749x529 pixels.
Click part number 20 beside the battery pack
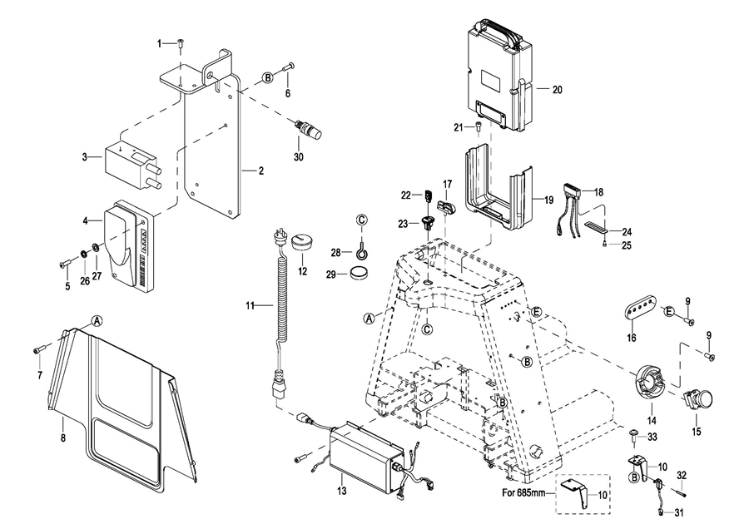pyautogui.click(x=557, y=89)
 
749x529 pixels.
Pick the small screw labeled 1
pyautogui.click(x=181, y=43)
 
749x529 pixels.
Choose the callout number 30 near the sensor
pyautogui.click(x=299, y=157)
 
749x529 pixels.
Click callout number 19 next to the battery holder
pyautogui.click(x=548, y=200)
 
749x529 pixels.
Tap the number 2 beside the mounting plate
pyautogui.click(x=260, y=171)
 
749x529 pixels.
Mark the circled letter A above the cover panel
pyautogui.click(x=97, y=320)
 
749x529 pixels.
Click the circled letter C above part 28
pyautogui.click(x=362, y=220)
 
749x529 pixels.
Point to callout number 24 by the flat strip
pyautogui.click(x=627, y=232)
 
